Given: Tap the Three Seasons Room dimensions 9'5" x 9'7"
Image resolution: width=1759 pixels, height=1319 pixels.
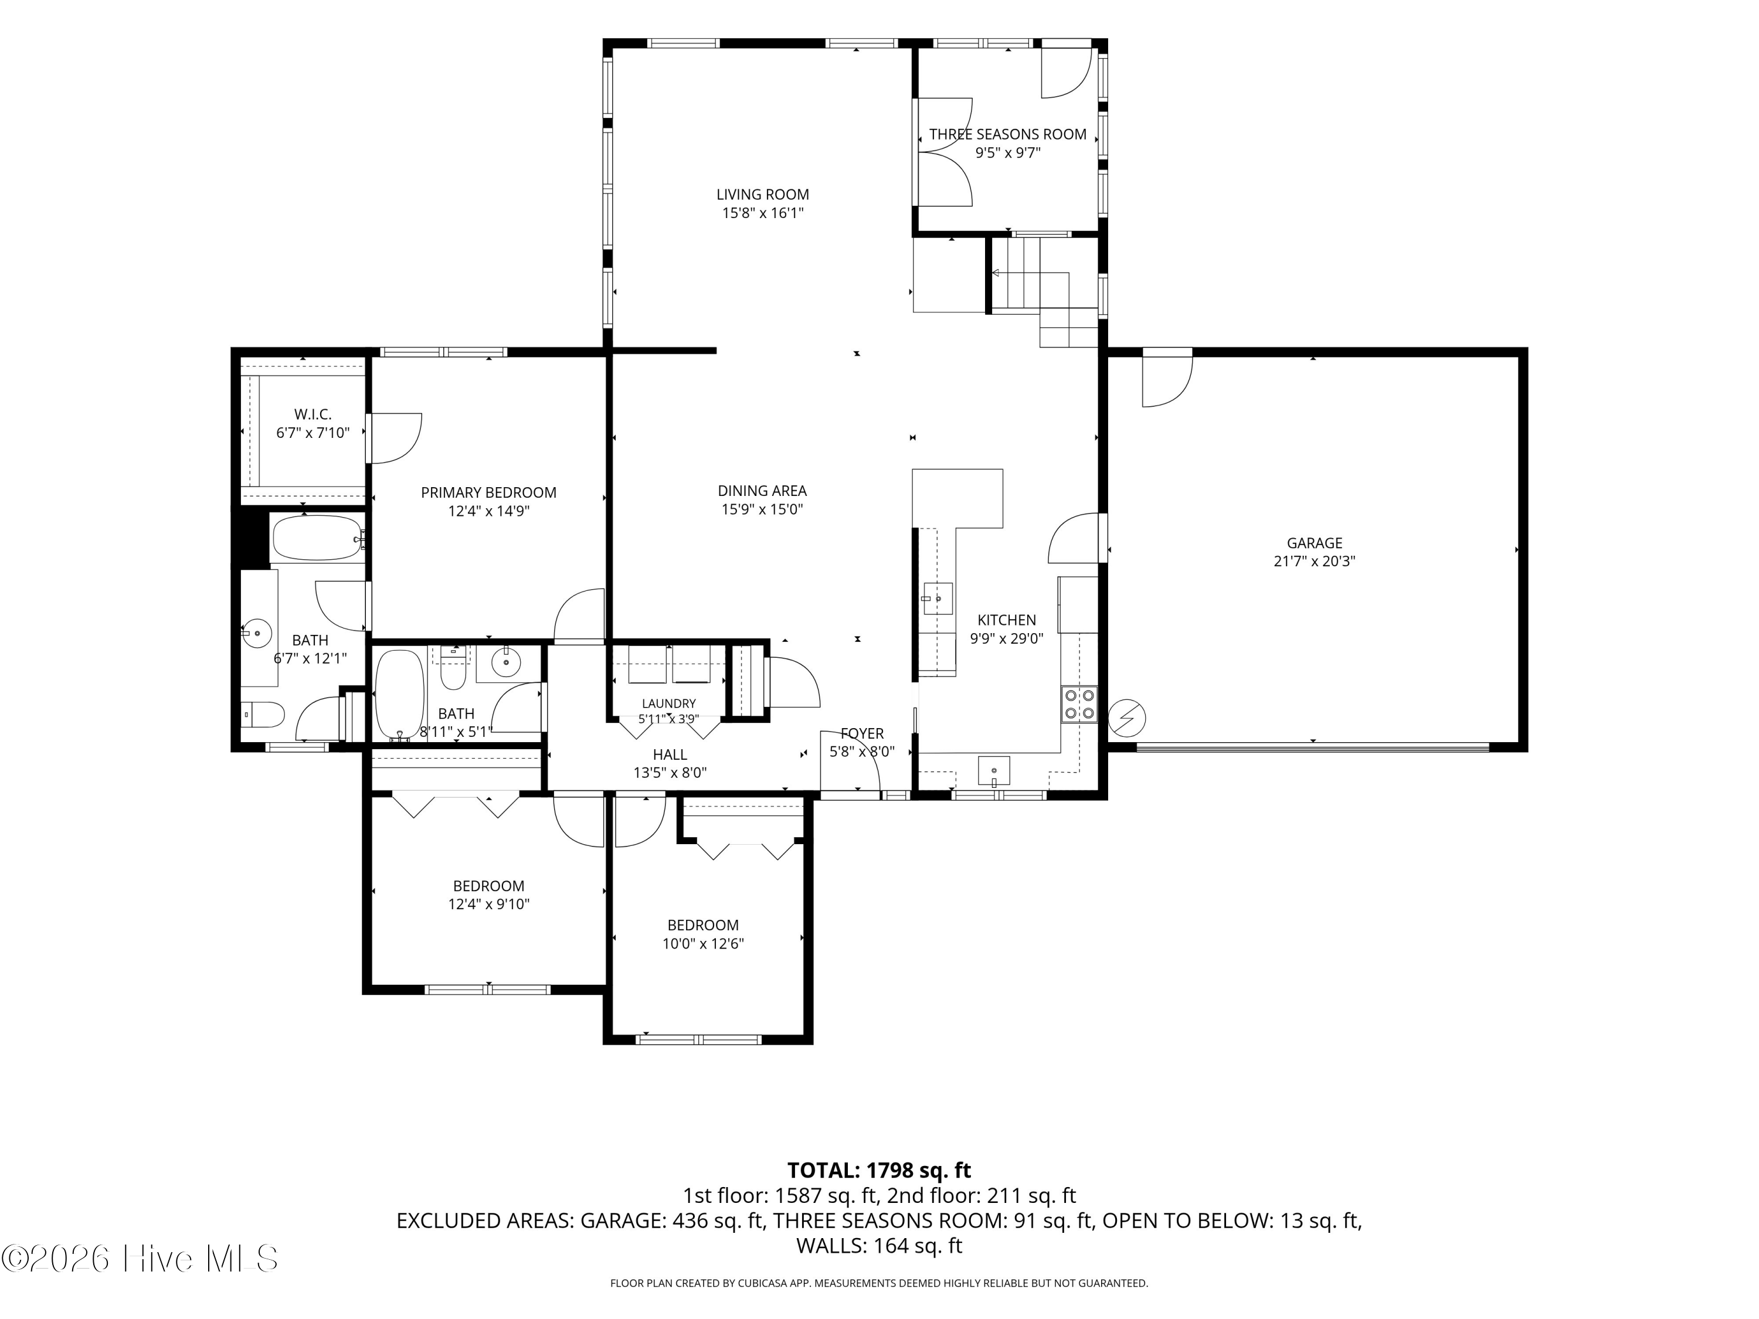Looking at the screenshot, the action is [x=1007, y=152].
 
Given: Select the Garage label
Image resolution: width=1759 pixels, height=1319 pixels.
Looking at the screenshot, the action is [x=1315, y=543].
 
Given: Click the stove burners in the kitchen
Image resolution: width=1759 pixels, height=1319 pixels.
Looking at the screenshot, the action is [x=1079, y=703].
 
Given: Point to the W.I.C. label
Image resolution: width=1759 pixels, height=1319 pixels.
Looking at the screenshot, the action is [x=313, y=414].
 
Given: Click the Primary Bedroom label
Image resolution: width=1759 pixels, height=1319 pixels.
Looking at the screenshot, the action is [x=488, y=493].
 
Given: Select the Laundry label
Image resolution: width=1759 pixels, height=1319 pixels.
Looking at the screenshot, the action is [x=669, y=703].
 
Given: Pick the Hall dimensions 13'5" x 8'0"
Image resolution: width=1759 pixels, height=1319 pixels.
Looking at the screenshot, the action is [x=670, y=772].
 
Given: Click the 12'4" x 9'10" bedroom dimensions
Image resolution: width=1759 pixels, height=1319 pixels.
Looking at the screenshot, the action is [x=488, y=904].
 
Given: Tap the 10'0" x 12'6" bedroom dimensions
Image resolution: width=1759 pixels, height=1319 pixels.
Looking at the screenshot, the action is [x=703, y=944].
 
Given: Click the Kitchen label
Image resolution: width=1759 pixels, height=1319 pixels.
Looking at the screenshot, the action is [x=1007, y=620].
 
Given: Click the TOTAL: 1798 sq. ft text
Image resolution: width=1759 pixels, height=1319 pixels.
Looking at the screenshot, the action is [x=879, y=1170].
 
